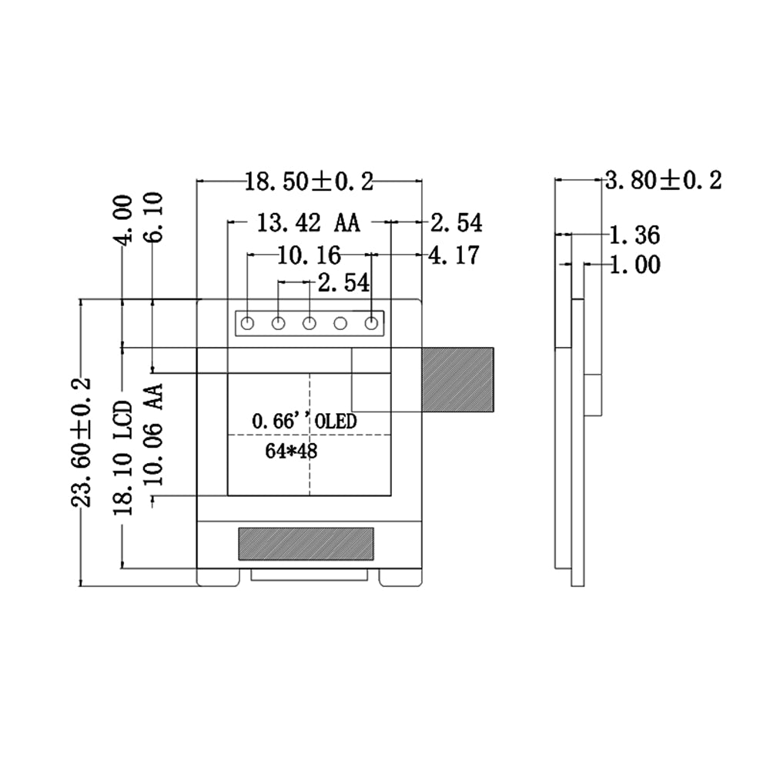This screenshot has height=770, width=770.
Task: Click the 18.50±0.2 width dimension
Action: click(x=310, y=182)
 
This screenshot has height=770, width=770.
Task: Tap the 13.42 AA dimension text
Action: click(x=308, y=223)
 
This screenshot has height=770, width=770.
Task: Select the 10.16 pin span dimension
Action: click(x=310, y=255)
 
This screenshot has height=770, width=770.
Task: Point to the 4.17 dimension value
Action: click(x=454, y=255)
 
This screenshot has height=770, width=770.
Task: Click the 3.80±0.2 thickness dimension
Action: click(x=663, y=180)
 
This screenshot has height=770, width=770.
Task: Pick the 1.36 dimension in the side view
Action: click(x=634, y=235)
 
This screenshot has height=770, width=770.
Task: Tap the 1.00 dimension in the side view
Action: click(x=635, y=265)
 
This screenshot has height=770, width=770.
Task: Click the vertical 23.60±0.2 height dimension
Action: click(x=81, y=442)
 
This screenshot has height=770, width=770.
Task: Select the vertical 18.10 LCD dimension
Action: click(x=123, y=458)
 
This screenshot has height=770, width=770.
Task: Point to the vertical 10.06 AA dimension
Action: click(x=153, y=435)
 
